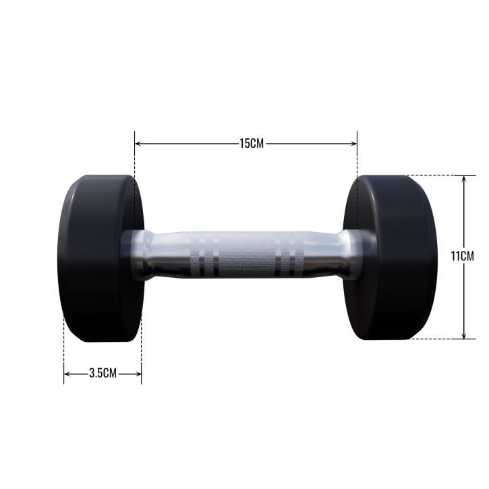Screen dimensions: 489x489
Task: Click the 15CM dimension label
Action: pos(251,144)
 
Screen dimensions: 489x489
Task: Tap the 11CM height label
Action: pos(463,257)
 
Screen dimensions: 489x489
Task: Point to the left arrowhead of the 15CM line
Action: pos(138,144)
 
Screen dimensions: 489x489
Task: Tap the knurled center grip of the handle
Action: pos(244,256)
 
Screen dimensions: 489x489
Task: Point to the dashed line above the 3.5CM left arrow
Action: pos(64,351)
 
